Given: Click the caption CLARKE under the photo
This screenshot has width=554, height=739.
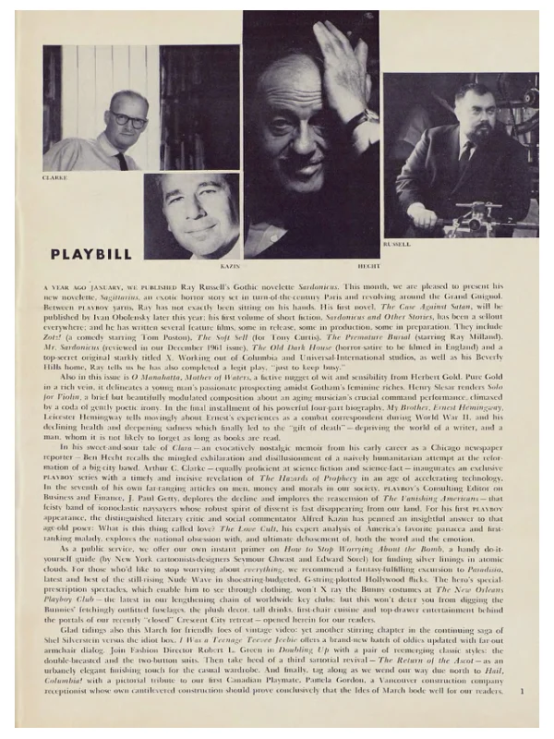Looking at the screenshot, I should [x=55, y=176].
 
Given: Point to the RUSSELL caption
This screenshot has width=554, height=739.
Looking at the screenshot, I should [x=396, y=244].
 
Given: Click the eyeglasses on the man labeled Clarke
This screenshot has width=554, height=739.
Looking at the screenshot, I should [x=128, y=121].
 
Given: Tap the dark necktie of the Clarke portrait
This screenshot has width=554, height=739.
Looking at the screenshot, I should [x=122, y=160].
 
